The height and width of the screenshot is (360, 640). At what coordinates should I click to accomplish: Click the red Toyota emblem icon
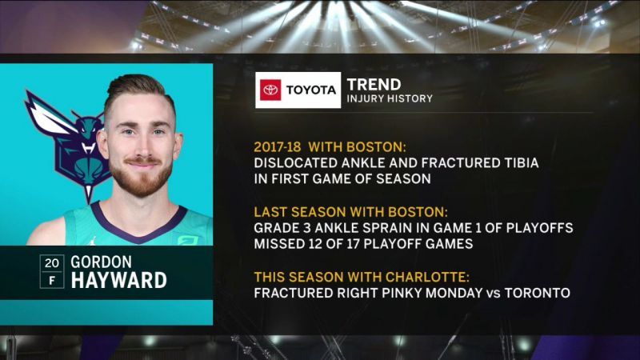(x=270, y=90)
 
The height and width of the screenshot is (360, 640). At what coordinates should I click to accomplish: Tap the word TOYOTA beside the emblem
(x=310, y=90)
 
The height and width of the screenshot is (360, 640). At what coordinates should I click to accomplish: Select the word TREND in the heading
(x=374, y=85)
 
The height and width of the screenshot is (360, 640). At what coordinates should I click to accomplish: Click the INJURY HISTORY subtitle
(x=390, y=98)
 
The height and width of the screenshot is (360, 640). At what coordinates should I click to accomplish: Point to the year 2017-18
(x=278, y=147)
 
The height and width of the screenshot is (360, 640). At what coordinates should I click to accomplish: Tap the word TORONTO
(x=538, y=293)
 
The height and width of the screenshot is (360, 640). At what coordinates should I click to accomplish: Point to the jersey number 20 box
(x=52, y=263)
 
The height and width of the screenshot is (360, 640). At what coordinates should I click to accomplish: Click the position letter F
(x=52, y=281)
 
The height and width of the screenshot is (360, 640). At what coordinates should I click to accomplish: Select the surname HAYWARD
(x=118, y=281)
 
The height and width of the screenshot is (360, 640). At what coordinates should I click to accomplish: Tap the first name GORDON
(x=102, y=262)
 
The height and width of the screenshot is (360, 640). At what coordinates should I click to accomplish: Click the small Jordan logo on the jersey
(x=94, y=241)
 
